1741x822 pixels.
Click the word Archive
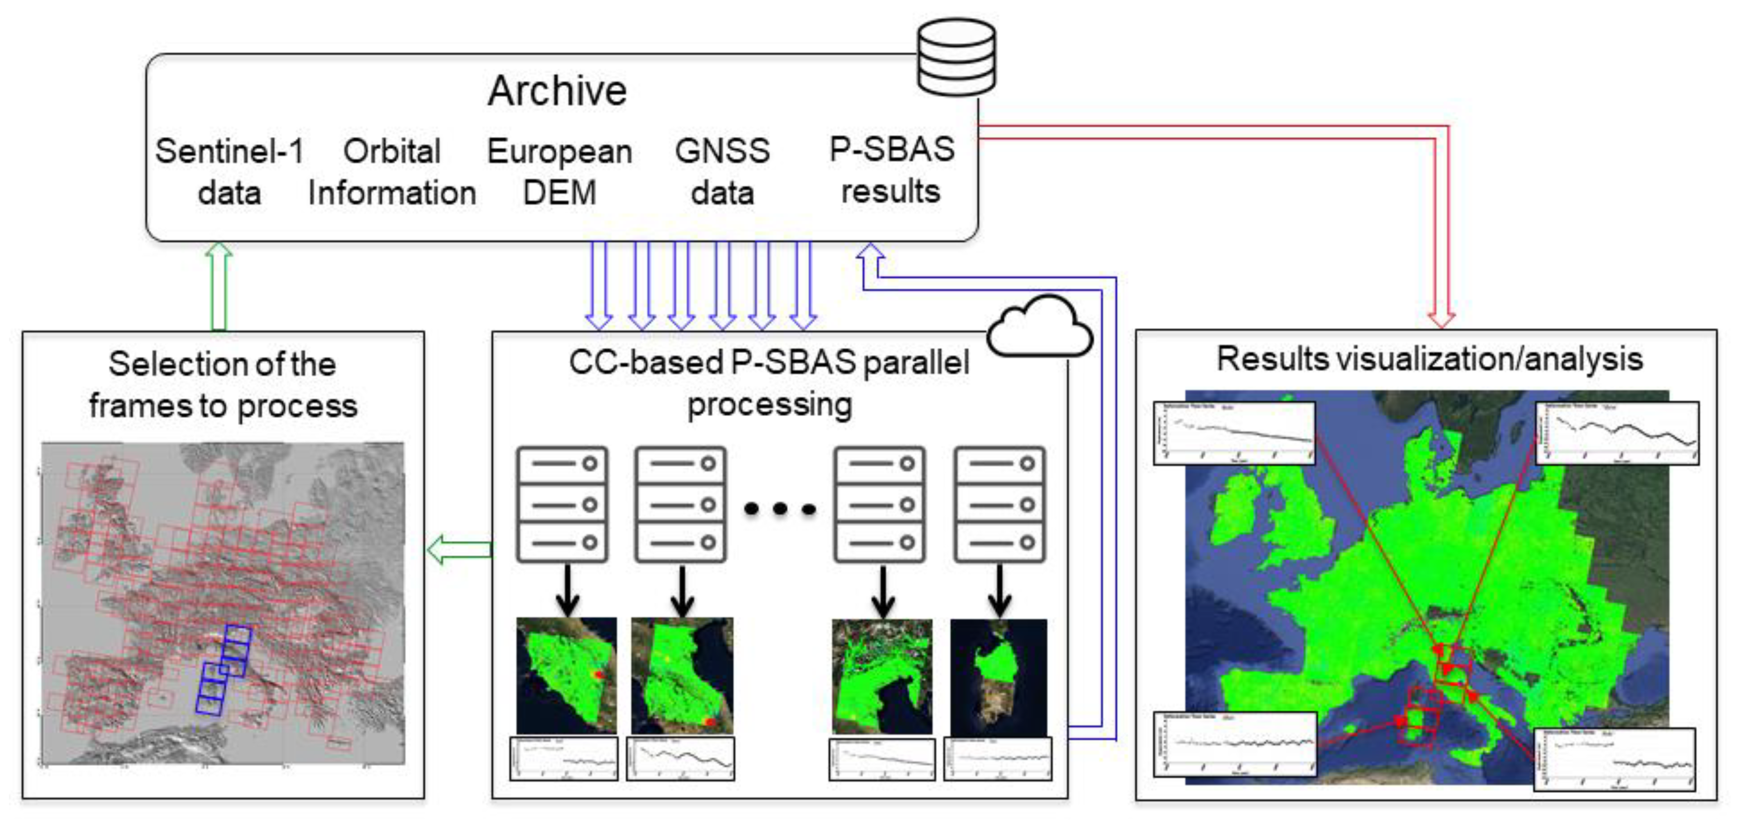557,91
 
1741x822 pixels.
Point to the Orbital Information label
392,172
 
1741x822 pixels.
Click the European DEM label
559,172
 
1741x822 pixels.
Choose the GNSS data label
722,172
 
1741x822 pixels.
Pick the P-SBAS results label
891,170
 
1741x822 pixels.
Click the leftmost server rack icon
562,504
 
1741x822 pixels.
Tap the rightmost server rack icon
1000,504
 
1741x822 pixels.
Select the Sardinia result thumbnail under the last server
998,678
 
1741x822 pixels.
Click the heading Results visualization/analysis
1429,359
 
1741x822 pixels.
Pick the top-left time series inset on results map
1234,433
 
